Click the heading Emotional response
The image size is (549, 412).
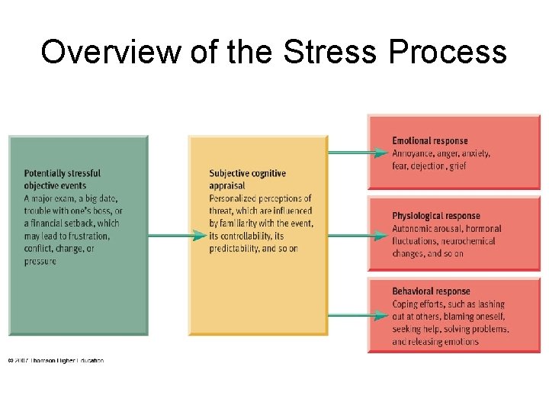tap(430, 141)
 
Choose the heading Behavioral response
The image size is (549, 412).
tap(431, 291)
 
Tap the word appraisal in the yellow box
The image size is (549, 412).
tap(227, 185)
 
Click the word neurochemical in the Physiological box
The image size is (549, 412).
tap(467, 241)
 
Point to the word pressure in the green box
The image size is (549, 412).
tap(40, 262)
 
